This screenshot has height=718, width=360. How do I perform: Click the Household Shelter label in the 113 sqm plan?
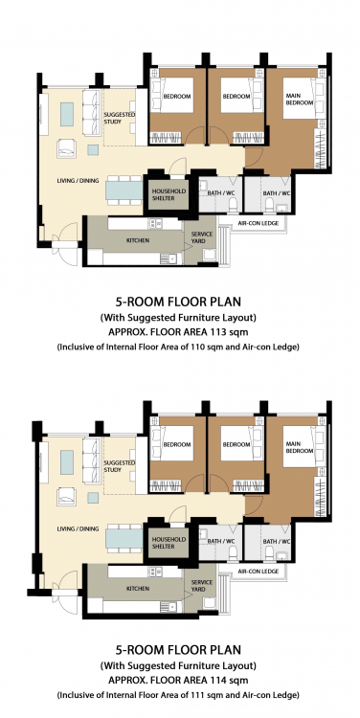click(x=169, y=194)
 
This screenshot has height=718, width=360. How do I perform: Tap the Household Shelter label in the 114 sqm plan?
click(x=169, y=543)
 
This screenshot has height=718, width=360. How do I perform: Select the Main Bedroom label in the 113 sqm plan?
click(x=300, y=100)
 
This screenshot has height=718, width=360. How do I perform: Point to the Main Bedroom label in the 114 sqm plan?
click(x=300, y=447)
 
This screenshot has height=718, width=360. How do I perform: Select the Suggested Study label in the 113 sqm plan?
click(x=119, y=118)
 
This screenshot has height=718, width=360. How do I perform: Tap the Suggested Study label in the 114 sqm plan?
click(x=119, y=466)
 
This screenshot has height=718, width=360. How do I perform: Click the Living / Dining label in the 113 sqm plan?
click(x=78, y=180)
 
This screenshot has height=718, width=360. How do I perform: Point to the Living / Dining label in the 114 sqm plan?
click(x=78, y=528)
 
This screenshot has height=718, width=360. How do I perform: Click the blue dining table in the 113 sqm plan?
click(x=124, y=191)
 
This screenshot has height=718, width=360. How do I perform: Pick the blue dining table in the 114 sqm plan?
click(x=124, y=538)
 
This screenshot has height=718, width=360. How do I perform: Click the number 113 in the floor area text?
click(x=224, y=332)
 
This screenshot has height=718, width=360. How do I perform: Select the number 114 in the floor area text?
click(x=224, y=680)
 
